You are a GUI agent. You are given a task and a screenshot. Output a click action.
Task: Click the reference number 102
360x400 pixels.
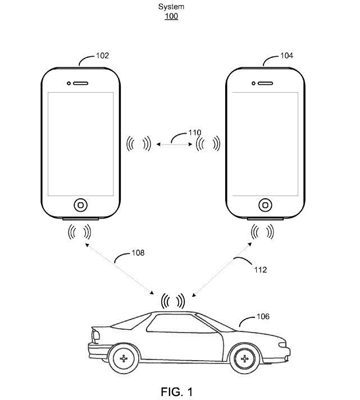pyautogui.click(x=102, y=56)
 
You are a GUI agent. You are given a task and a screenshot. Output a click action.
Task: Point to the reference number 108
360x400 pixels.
pyautogui.click(x=138, y=253)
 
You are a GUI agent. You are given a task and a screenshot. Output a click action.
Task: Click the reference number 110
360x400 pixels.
pyautogui.click(x=194, y=133)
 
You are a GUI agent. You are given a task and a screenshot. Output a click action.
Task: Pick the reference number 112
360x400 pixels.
pyautogui.click(x=259, y=270)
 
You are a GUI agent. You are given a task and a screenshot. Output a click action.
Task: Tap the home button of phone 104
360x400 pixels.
pyautogui.click(x=266, y=203)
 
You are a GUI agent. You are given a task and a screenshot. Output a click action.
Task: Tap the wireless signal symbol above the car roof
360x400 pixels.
pyautogui.click(x=172, y=301)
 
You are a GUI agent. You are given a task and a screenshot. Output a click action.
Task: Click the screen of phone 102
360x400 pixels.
pyautogui.click(x=81, y=144)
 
